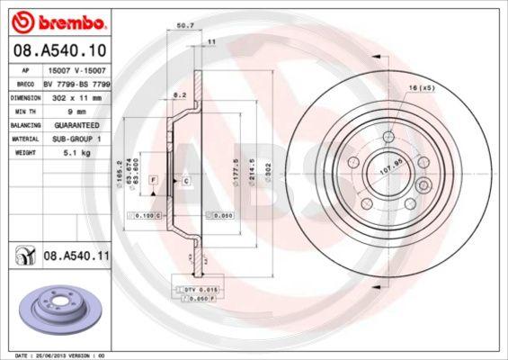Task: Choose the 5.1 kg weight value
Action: (63, 154)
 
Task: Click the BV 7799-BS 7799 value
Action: (82, 82)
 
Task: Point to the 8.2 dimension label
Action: (178, 93)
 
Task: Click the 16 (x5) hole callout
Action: (423, 88)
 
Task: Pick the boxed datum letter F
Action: (155, 181)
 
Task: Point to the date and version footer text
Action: (57, 355)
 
